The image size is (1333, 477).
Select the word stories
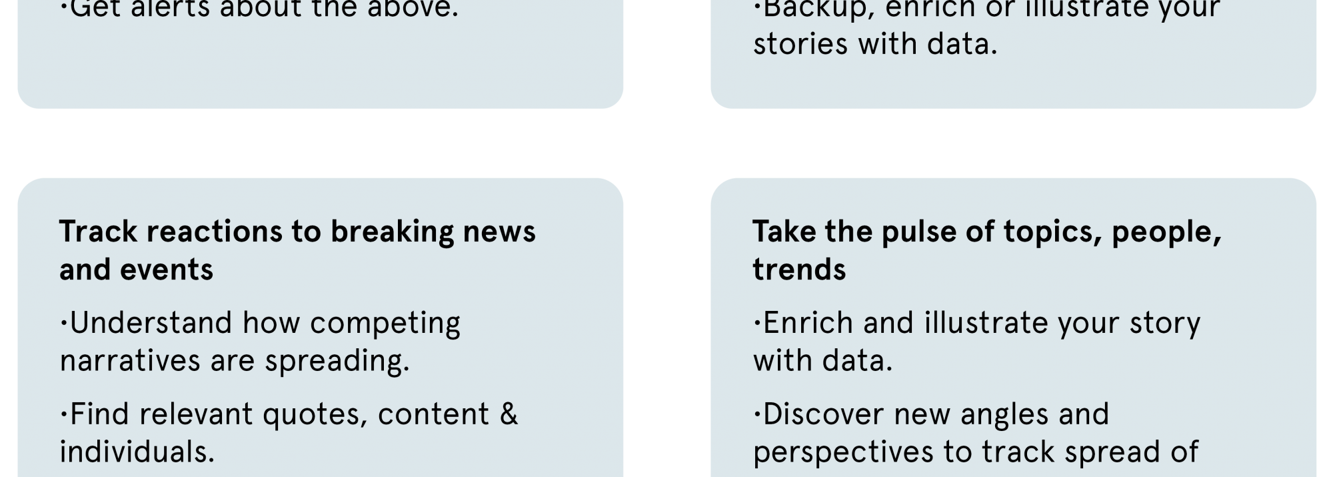(x=800, y=44)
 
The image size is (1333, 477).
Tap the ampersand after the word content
(x=509, y=414)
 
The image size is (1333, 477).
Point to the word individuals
(x=137, y=452)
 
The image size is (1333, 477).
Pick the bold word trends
(x=799, y=270)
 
